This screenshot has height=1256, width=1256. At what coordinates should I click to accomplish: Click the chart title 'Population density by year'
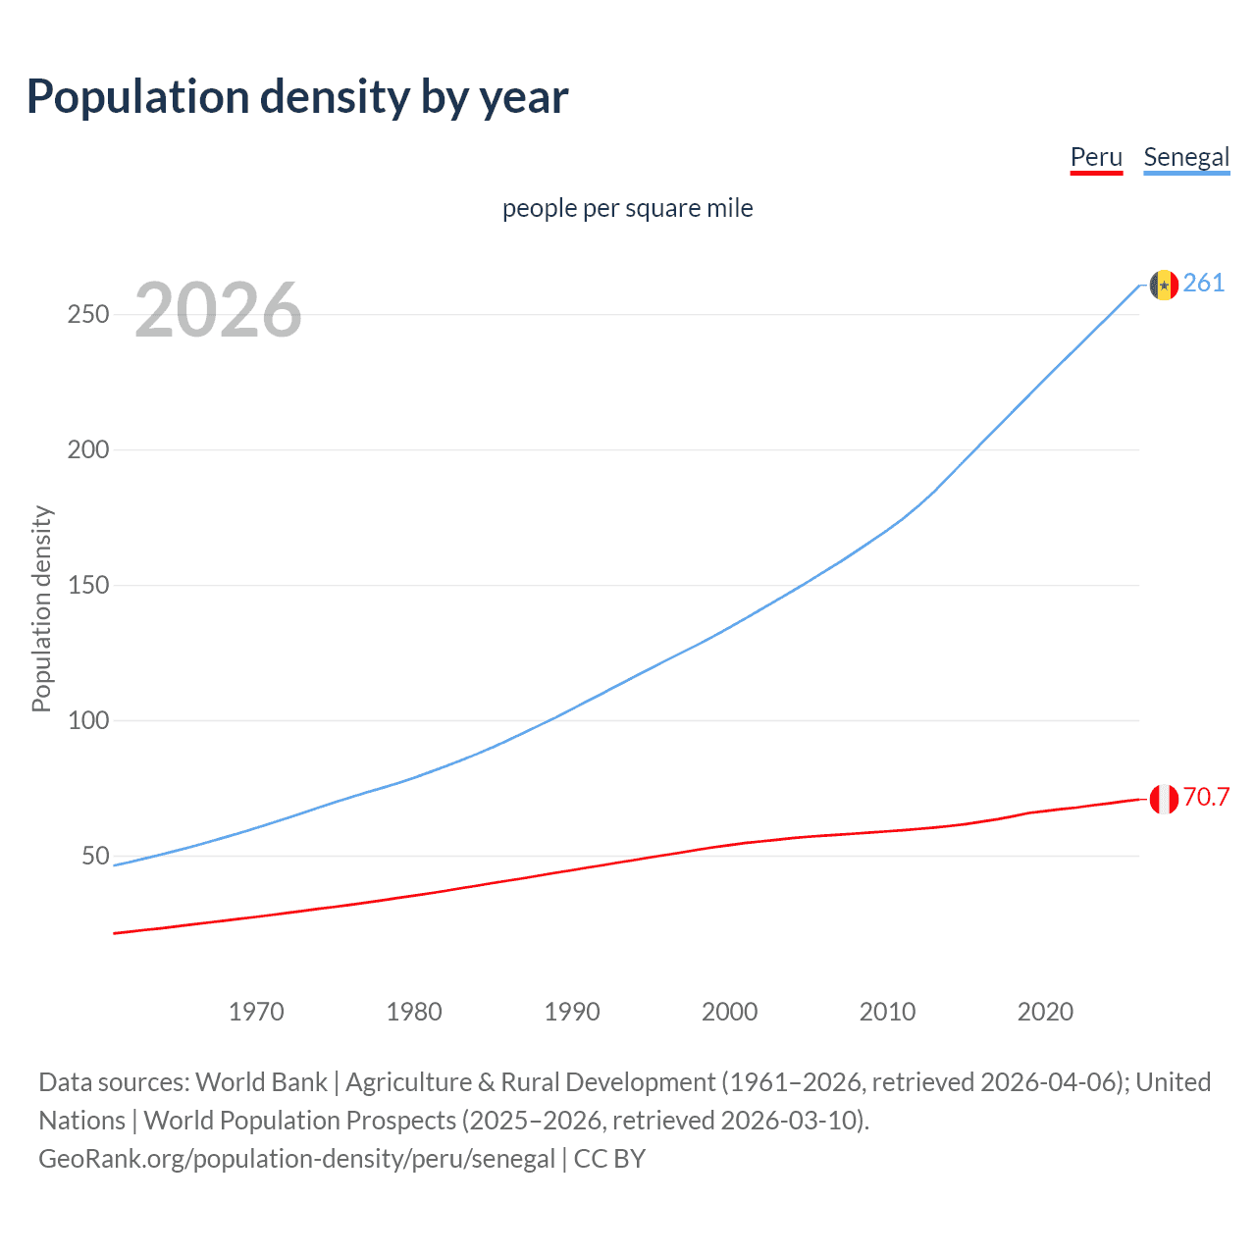[297, 96]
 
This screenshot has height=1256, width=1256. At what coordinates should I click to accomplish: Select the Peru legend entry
[1095, 157]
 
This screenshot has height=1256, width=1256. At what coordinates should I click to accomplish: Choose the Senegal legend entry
[1185, 157]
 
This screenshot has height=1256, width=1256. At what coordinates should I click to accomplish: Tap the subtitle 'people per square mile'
[627, 208]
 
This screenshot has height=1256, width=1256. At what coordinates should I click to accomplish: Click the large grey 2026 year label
[218, 310]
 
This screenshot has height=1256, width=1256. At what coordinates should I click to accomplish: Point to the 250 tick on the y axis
[88, 315]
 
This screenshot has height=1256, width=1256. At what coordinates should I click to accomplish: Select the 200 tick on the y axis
[88, 450]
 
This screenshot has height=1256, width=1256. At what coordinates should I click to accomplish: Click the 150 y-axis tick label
[88, 586]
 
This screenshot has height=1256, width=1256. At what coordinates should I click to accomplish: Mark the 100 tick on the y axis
[88, 721]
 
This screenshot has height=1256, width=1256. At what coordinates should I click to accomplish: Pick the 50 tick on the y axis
[95, 857]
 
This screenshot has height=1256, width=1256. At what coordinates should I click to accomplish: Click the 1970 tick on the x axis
[256, 1012]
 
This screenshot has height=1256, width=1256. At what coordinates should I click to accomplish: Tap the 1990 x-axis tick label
[572, 1012]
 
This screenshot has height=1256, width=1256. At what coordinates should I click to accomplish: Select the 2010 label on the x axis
[887, 1012]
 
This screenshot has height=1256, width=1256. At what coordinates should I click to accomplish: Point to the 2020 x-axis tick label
[1045, 1012]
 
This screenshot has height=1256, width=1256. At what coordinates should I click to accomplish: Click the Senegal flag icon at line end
[1164, 285]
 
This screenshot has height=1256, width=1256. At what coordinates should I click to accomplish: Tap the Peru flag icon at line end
[1164, 799]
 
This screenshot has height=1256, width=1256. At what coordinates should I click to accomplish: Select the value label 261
[1204, 283]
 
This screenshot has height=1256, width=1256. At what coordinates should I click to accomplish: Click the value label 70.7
[1206, 797]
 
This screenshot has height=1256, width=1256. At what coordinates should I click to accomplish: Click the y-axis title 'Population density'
[41, 608]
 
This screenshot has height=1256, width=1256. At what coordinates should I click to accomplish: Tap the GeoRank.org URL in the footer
[296, 1159]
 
